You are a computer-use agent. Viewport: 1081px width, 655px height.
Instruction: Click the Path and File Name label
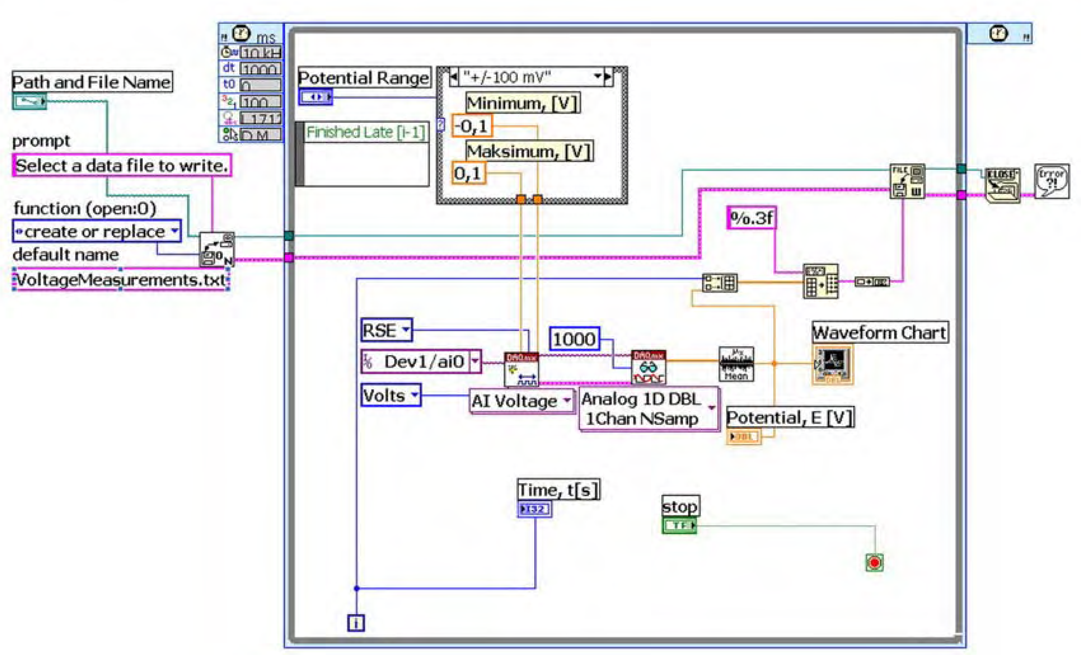[92, 82]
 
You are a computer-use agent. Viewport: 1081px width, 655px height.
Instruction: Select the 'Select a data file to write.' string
[121, 166]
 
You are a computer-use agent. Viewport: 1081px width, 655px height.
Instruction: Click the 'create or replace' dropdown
[97, 231]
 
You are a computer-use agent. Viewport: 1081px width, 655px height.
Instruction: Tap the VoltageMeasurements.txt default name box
[121, 280]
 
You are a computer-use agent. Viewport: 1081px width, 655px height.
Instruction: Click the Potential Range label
[364, 78]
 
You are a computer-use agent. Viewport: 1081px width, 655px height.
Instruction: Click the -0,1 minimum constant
[472, 126]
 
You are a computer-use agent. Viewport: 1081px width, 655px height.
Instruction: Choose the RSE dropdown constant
[386, 330]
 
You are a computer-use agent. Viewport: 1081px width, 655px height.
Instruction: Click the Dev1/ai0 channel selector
[421, 362]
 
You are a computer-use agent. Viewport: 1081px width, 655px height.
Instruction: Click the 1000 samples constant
[574, 339]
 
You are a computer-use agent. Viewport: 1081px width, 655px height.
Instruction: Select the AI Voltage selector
[521, 401]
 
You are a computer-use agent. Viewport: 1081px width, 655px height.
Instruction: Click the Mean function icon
[736, 364]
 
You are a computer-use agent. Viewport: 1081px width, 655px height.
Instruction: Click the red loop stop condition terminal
[874, 562]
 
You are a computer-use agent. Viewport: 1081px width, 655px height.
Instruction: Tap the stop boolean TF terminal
[679, 525]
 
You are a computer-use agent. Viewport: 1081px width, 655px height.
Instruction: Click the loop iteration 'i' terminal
[356, 623]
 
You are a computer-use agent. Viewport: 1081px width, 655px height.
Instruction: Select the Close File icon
[1002, 185]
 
